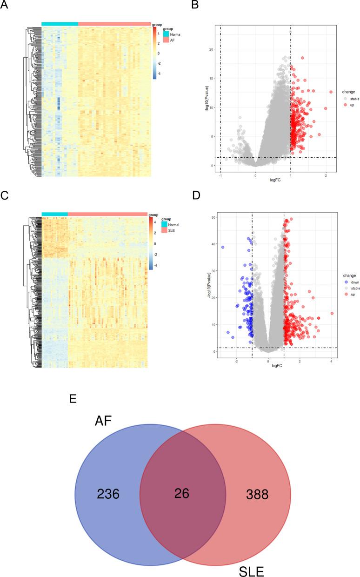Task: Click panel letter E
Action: (x=72, y=399)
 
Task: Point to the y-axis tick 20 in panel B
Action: (x=211, y=49)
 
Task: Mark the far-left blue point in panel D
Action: (x=223, y=248)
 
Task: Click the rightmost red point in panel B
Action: (x=331, y=92)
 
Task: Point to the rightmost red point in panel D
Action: (x=332, y=314)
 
